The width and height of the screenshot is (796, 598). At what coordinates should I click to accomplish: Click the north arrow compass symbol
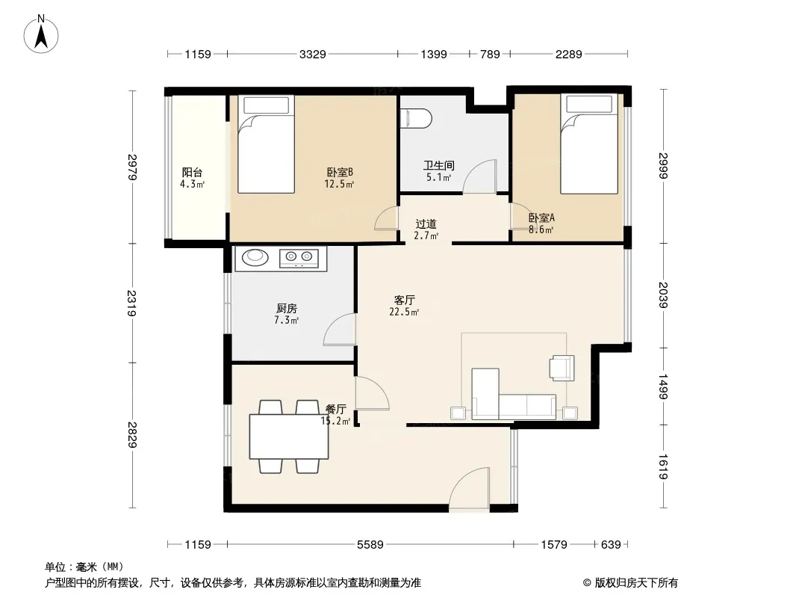[x=41, y=34]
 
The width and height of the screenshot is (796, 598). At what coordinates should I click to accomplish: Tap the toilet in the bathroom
[x=416, y=118]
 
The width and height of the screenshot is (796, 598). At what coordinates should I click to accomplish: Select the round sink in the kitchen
[x=255, y=257]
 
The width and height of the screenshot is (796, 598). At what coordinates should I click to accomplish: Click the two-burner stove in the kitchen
[x=299, y=258]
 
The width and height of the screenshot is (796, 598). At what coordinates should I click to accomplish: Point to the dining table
[x=289, y=437]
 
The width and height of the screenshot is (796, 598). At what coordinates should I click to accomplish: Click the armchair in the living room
[x=562, y=367]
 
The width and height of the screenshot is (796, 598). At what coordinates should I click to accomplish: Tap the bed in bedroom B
[x=266, y=144]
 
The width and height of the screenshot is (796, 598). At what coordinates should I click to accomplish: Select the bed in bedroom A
[x=589, y=144]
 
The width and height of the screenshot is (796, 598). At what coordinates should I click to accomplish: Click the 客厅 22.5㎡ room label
[x=404, y=306]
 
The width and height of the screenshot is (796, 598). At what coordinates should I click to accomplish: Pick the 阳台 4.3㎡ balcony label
[x=193, y=178]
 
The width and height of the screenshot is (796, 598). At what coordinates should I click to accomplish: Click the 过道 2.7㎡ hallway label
[x=426, y=229]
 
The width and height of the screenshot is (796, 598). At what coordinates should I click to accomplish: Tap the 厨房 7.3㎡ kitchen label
[x=286, y=314]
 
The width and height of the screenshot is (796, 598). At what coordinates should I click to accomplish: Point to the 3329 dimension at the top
[x=312, y=54]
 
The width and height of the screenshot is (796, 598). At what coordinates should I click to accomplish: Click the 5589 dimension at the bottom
[x=370, y=545]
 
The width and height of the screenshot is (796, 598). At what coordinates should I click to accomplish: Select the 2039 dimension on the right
[x=663, y=295]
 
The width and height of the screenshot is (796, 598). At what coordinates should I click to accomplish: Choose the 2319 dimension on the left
[x=132, y=303]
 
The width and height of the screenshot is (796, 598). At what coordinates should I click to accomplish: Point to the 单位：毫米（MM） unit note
[x=84, y=567]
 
